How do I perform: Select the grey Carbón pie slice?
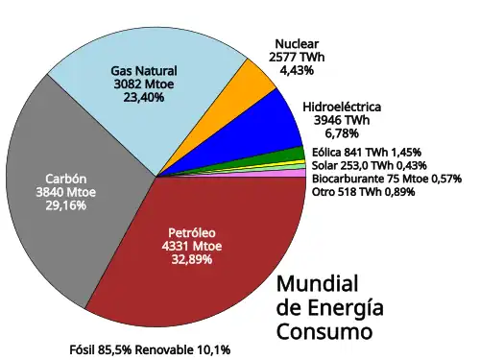point(58,192)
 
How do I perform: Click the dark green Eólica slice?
point(292,156)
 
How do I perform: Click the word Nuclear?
point(298,44)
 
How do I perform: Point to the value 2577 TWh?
point(299,58)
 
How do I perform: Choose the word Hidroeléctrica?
point(342,107)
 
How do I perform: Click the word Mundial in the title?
point(317,284)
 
